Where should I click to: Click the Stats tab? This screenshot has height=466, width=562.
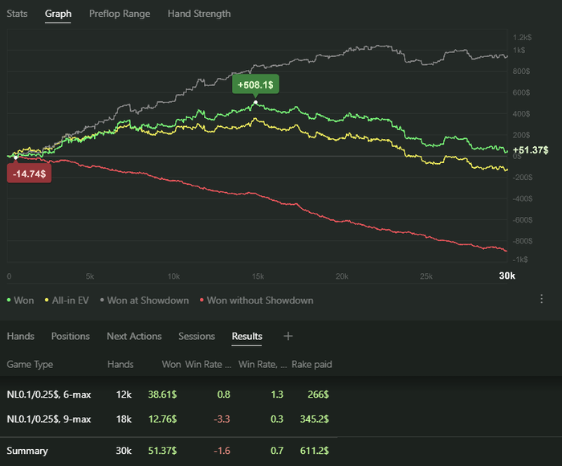[x=17, y=14]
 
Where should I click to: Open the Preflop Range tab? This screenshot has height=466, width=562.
[x=120, y=14]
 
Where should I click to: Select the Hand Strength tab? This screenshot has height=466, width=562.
[x=199, y=14]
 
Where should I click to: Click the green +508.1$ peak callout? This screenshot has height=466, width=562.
[x=256, y=84]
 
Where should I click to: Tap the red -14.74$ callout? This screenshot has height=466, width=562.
[x=29, y=172]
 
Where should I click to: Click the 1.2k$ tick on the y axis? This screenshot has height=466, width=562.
[x=523, y=38]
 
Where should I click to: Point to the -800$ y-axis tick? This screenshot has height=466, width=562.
[x=522, y=241]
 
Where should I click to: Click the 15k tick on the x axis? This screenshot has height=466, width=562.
[x=257, y=276]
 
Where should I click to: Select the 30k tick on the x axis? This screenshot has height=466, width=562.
[x=507, y=276]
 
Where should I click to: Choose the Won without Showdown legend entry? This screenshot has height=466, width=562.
[x=259, y=300]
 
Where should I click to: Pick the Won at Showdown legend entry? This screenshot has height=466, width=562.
[x=148, y=300]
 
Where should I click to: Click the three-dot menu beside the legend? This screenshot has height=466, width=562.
[x=542, y=299]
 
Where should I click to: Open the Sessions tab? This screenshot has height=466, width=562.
[x=197, y=336]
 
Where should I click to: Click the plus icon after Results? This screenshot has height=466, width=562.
[x=288, y=336]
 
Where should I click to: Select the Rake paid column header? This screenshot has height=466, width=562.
[x=312, y=365]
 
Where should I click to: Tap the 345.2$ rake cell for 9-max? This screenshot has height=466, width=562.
[x=313, y=419]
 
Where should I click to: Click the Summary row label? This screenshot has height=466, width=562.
[x=27, y=451]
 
